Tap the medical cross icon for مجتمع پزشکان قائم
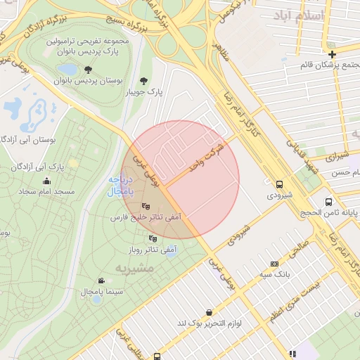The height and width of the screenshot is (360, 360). (332, 54)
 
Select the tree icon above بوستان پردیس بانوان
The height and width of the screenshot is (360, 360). (88, 69)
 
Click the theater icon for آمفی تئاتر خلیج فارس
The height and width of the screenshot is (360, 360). (146, 206)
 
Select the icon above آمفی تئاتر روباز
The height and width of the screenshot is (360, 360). (153, 238)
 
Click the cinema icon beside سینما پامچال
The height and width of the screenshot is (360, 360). (102, 281)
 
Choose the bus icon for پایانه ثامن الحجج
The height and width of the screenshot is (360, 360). (328, 202)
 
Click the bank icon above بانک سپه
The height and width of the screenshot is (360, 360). (274, 264)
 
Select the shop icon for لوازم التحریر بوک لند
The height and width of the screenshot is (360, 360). (209, 312)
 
